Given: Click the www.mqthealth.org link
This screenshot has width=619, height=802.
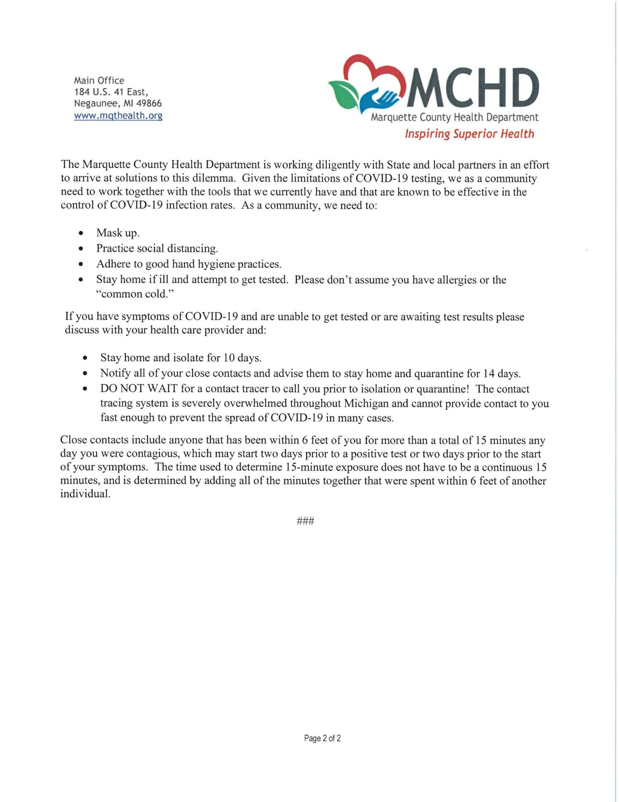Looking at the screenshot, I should [x=118, y=116].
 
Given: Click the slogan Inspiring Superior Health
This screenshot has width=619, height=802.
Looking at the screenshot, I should [x=469, y=134].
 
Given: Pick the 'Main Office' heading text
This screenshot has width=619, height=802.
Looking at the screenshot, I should [x=99, y=81].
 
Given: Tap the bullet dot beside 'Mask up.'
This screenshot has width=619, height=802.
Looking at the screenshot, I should [x=81, y=233].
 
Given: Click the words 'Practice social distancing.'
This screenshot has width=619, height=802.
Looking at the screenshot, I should [x=157, y=249].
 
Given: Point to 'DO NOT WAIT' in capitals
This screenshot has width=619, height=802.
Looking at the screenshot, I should [x=139, y=389].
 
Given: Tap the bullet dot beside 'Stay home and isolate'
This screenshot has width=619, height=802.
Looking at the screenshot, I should [x=85, y=358].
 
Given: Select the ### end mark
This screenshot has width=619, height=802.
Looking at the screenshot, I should [x=305, y=521].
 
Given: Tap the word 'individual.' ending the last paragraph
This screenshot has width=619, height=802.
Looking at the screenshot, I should [x=85, y=494].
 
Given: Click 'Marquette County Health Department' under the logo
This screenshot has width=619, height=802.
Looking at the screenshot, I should [x=455, y=118].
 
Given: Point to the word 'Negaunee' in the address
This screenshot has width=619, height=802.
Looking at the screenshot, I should [x=93, y=104].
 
